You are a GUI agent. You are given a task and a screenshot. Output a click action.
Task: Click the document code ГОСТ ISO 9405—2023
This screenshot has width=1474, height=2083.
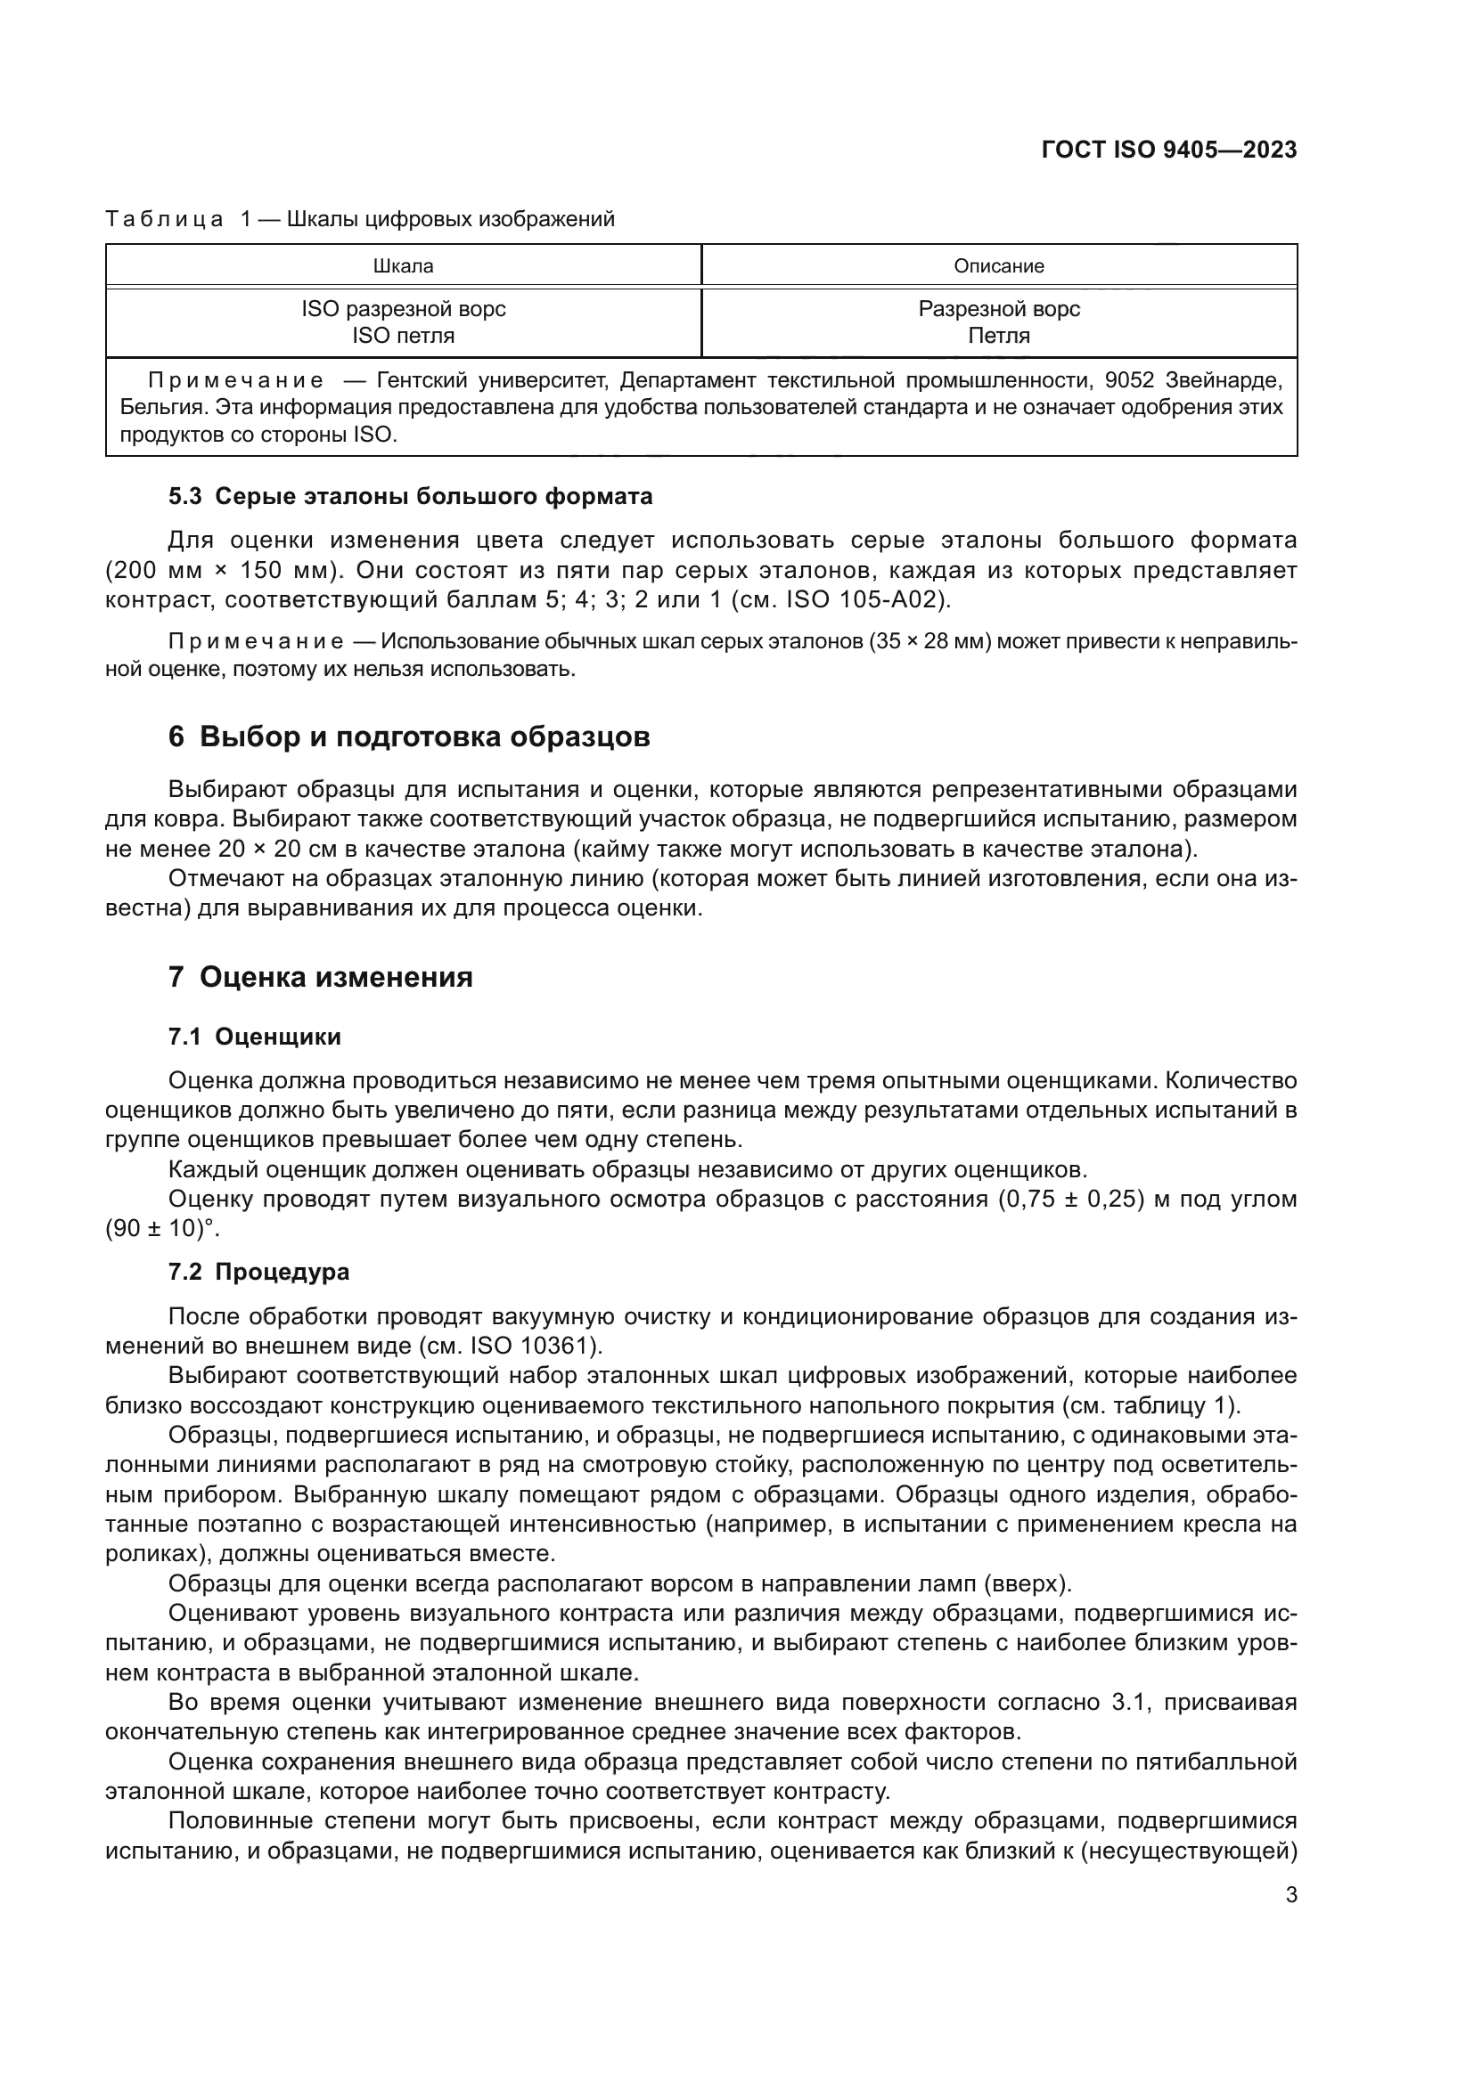[x=1169, y=150]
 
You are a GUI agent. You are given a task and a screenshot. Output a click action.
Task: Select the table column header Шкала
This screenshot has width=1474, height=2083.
[x=403, y=265]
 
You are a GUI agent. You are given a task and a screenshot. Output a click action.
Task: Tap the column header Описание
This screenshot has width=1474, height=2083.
[x=998, y=265]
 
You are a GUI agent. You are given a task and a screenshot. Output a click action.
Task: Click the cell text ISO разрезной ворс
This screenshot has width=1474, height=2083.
[x=403, y=309]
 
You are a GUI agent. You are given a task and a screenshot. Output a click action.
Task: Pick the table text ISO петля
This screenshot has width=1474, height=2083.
[x=403, y=336]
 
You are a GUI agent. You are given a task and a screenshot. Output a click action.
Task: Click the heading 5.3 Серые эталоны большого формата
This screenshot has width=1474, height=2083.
[x=410, y=496]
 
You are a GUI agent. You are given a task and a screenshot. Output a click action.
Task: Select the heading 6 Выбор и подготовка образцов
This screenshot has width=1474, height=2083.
[x=409, y=736]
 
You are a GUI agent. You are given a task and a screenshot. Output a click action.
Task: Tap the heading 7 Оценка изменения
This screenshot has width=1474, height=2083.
[x=321, y=977]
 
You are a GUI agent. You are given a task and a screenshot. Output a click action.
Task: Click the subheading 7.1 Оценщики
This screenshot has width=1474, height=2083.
[x=254, y=1036]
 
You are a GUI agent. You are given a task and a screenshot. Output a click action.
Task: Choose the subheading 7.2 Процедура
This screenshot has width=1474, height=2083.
[x=258, y=1271]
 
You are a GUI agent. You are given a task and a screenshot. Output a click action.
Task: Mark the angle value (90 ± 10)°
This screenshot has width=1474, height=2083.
[x=162, y=1228]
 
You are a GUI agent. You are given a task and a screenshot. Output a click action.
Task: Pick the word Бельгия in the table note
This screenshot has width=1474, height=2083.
[x=154, y=406]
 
